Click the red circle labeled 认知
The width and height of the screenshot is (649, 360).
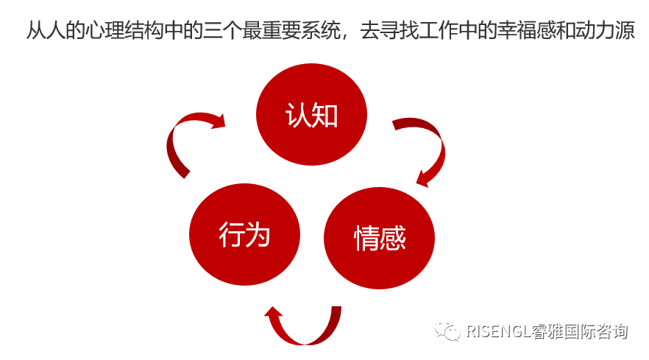311,114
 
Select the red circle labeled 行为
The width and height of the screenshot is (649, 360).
244,235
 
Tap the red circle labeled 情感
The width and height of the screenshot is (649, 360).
379,238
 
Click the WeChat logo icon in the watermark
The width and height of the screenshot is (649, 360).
449,331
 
